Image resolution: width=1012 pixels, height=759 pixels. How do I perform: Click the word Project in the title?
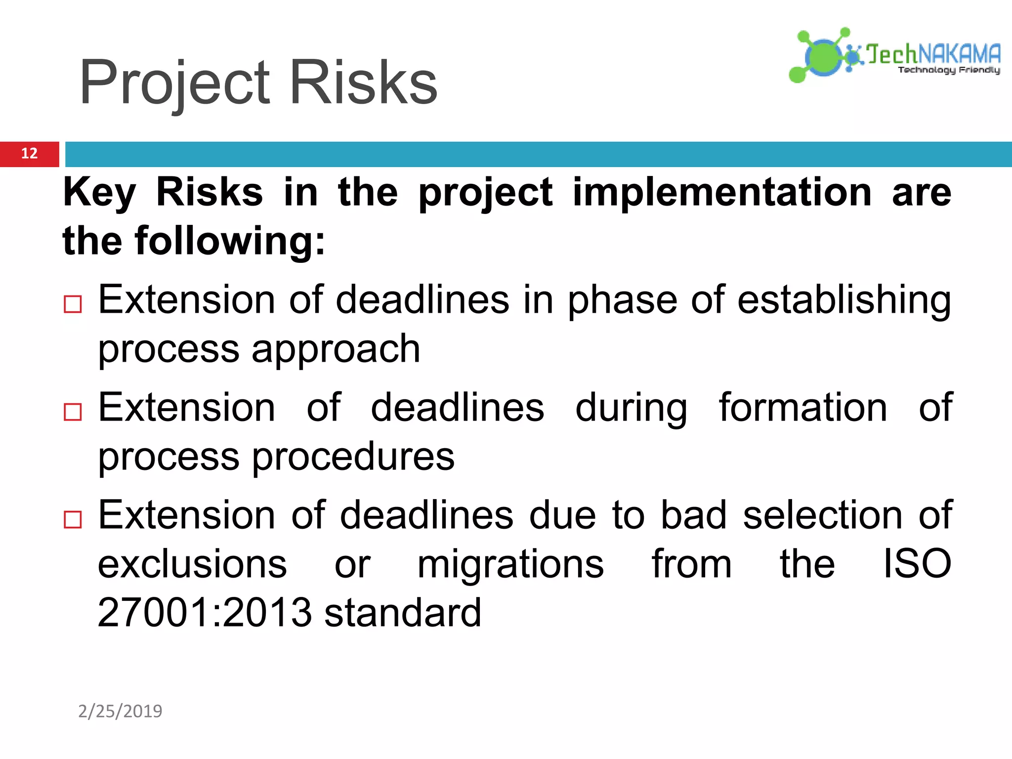coord(175,83)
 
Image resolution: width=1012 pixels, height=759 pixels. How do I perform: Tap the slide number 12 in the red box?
coord(29,154)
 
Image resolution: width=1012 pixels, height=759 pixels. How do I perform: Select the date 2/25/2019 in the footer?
coord(120,711)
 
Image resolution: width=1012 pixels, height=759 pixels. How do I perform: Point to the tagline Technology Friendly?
coord(949,70)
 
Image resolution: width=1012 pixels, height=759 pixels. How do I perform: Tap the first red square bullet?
coord(73,304)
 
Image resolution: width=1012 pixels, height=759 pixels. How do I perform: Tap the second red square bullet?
coord(73,412)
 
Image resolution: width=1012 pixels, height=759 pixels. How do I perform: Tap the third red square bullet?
coord(73,519)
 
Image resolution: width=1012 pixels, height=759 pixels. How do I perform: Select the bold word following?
coord(230,241)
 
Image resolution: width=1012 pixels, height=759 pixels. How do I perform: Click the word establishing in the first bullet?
coord(844,300)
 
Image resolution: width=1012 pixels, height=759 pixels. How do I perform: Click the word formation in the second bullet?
coord(803,408)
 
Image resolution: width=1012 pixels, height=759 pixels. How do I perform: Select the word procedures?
coord(353,457)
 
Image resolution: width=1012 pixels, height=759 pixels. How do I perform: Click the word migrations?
coord(510,564)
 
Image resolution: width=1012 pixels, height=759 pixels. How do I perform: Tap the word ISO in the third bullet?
coord(917,564)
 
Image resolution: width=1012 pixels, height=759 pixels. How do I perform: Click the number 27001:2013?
coord(205,613)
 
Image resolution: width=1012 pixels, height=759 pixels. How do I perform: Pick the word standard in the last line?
coord(403,613)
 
